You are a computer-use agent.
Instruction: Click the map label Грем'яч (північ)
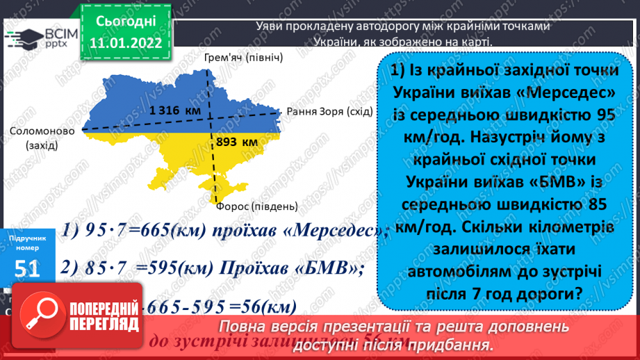coord(244,56)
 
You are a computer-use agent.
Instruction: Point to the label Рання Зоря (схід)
coord(325,111)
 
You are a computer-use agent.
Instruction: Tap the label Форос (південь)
coord(256,206)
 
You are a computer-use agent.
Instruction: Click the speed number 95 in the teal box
coord(600,115)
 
